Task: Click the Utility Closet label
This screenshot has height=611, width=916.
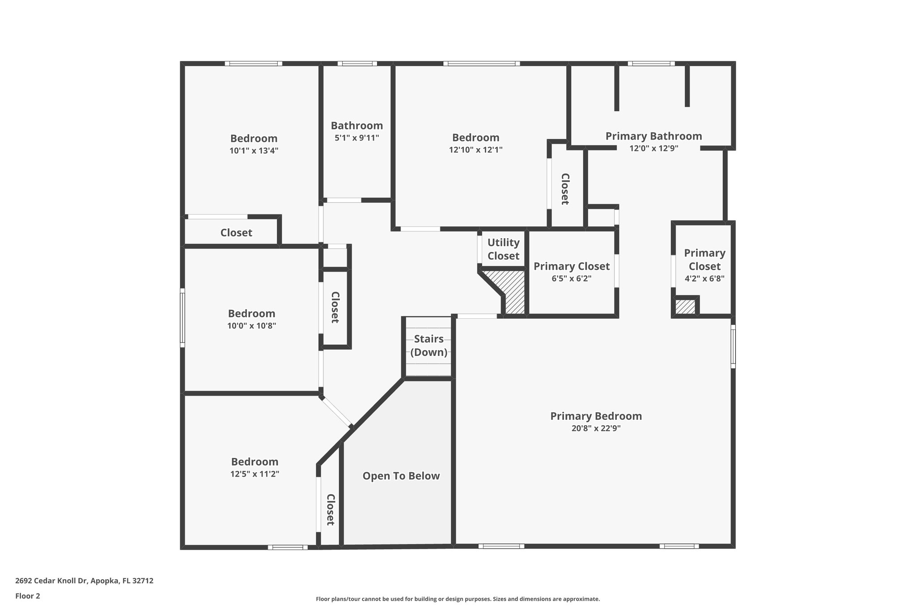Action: (x=503, y=249)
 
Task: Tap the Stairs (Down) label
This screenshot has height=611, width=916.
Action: (x=429, y=346)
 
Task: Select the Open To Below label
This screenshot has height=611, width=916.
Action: (x=401, y=476)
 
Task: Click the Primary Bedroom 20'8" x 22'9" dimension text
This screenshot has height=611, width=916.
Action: (x=596, y=428)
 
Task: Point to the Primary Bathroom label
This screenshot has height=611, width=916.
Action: (x=653, y=136)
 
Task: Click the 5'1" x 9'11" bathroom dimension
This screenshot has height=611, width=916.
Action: (x=357, y=138)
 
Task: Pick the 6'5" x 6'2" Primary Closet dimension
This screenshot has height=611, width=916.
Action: (x=572, y=278)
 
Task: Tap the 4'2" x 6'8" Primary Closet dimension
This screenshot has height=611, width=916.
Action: (x=704, y=278)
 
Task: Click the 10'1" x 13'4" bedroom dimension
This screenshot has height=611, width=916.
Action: (x=254, y=151)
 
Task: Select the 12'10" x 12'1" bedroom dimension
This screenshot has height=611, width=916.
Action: (x=476, y=150)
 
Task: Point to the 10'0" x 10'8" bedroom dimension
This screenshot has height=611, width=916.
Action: (x=252, y=326)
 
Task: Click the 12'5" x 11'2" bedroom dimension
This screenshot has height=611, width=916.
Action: (x=255, y=474)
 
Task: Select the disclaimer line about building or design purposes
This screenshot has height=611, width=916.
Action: (x=458, y=599)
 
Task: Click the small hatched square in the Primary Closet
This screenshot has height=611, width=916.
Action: (x=685, y=307)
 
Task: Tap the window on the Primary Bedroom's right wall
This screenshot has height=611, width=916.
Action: (x=733, y=346)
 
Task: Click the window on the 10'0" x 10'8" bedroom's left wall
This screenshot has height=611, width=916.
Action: (x=182, y=318)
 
